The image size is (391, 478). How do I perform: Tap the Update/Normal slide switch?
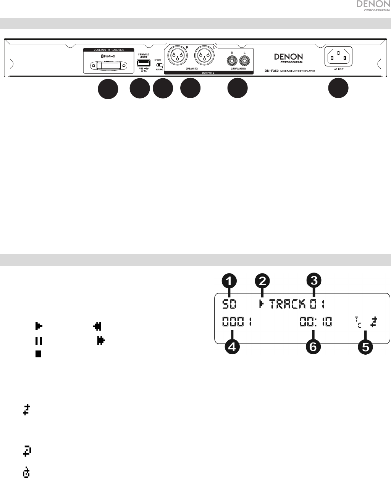tap(158, 65)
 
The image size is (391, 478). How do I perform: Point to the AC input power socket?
tap(338, 58)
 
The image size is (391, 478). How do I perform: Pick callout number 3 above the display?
tap(314, 281)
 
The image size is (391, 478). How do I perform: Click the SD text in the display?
tap(229, 304)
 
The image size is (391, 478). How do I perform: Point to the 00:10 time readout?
tap(315, 323)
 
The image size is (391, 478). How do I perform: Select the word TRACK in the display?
tap(287, 304)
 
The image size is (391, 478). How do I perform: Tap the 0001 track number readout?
tap(237, 323)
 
